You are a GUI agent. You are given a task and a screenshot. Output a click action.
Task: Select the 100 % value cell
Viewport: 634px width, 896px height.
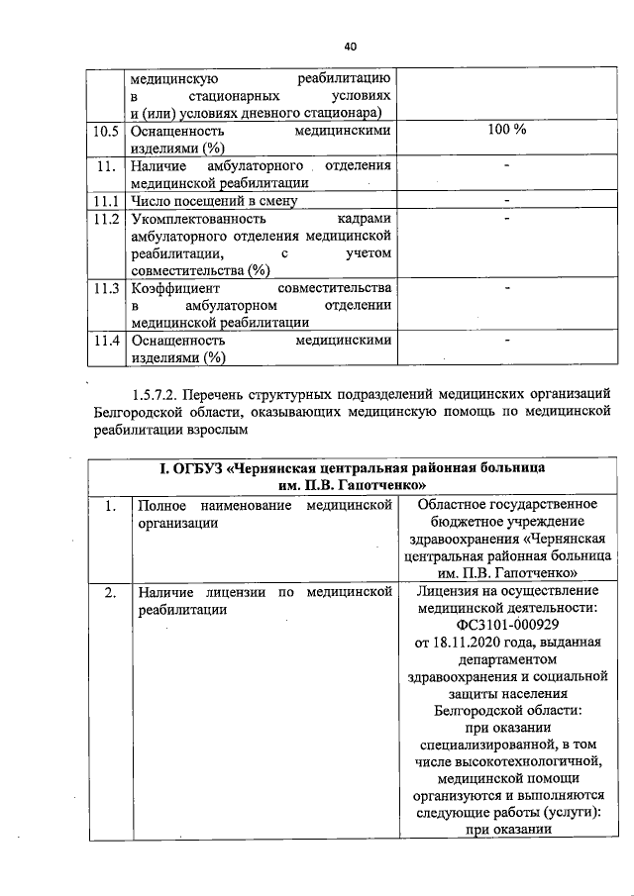coord(507,131)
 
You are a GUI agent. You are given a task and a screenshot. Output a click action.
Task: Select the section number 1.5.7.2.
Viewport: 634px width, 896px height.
coord(162,396)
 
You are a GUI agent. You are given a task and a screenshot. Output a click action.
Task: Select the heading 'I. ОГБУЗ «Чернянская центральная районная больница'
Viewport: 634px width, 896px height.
coord(353,467)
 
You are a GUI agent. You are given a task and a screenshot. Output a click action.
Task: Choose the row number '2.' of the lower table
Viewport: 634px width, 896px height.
coord(111,591)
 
